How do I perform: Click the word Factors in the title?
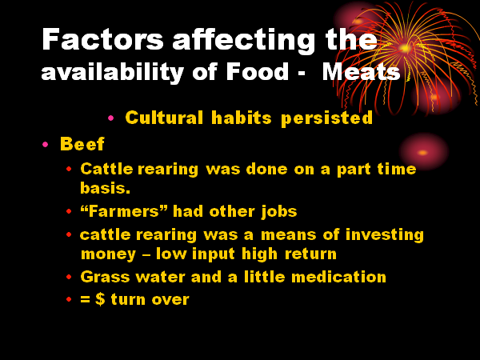pos(102,39)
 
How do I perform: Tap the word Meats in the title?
pos(362,72)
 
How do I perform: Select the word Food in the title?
pos(257,72)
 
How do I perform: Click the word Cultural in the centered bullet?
pos(164,118)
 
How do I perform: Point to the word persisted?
pos(326,118)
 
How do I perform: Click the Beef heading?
pos(82,144)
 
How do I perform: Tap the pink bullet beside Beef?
pos(46,144)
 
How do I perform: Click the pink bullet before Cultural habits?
pos(111,118)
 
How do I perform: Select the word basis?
pos(105,188)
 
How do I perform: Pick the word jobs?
pos(279,212)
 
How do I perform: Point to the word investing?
pos(385,235)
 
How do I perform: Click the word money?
pos(108,254)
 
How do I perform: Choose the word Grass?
pos(105,277)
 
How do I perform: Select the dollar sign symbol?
pos(100,299)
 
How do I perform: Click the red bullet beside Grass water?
pos(69,277)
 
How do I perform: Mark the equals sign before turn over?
pos(85,299)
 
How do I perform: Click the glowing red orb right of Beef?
pos(423,152)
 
